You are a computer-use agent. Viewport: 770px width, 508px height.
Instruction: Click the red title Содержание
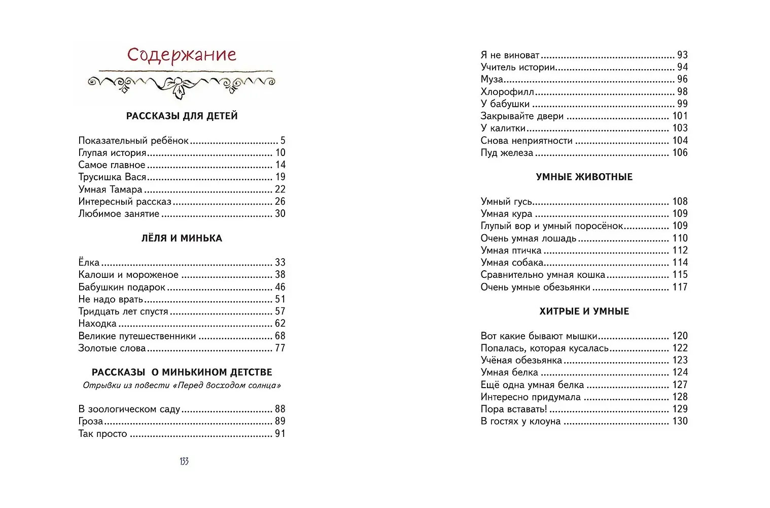tap(182, 55)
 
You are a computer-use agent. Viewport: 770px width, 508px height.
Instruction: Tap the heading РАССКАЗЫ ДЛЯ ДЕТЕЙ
tap(182, 116)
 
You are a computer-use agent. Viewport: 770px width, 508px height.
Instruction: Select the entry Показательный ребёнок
tap(133, 141)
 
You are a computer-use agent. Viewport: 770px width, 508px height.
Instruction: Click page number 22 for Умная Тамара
tap(280, 189)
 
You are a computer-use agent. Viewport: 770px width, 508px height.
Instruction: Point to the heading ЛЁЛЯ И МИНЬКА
tap(182, 238)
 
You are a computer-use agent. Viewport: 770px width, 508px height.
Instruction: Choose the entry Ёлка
tap(89, 263)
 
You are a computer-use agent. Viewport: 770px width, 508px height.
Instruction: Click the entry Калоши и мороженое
tap(128, 275)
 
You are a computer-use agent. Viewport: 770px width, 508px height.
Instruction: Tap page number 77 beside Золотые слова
tap(280, 348)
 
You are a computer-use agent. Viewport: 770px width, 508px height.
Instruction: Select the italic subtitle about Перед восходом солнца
tap(182, 385)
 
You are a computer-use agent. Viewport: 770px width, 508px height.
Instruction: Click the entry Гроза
tap(91, 421)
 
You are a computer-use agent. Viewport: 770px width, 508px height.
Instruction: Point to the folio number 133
tap(184, 461)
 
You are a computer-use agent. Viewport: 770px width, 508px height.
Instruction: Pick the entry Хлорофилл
tap(507, 92)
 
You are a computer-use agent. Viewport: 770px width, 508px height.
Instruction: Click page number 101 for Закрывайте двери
tap(680, 116)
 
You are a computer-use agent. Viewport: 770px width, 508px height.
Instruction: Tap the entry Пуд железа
tap(507, 153)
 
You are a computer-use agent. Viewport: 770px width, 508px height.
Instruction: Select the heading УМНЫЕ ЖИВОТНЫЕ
tap(584, 177)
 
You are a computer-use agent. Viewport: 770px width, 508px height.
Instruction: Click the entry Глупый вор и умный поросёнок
tap(551, 226)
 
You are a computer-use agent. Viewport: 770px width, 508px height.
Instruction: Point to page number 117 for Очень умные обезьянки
tap(680, 287)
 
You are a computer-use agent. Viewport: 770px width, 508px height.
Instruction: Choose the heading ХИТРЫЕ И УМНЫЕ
tap(584, 311)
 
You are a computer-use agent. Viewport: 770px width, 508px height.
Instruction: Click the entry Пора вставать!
tap(514, 409)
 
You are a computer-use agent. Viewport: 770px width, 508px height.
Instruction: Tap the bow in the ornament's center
tap(180, 86)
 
